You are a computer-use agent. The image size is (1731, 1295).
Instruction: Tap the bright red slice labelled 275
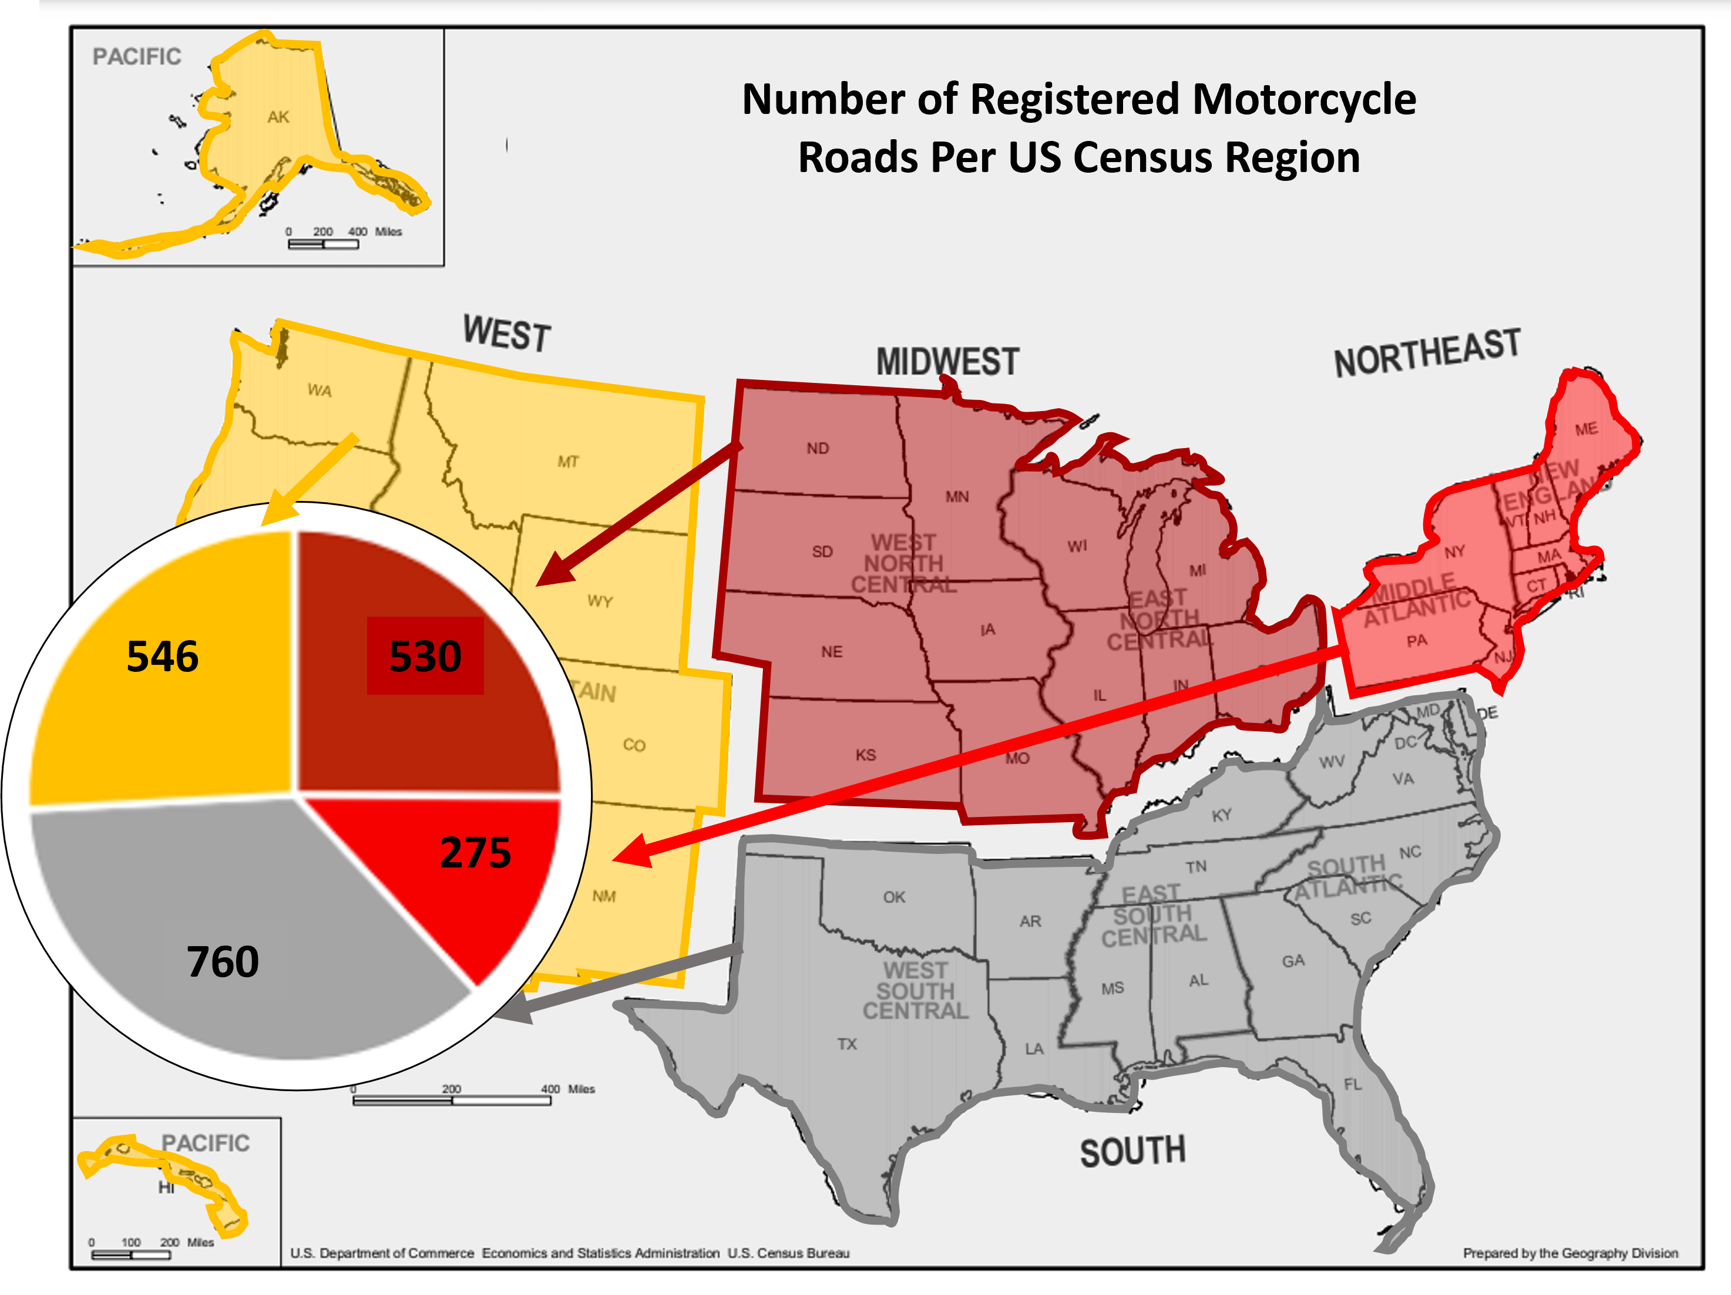click(475, 852)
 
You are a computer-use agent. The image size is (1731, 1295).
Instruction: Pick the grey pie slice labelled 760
click(223, 961)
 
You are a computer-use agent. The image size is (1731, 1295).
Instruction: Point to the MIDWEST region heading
click(947, 362)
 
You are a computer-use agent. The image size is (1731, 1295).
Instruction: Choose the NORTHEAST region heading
click(1427, 354)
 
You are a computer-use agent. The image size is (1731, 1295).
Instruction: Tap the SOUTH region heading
click(1132, 1152)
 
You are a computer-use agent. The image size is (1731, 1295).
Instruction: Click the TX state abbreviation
click(847, 1044)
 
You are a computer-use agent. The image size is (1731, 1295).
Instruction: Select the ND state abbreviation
click(817, 448)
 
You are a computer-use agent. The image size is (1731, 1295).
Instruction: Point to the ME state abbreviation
click(1587, 429)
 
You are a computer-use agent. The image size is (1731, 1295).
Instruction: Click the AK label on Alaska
click(278, 117)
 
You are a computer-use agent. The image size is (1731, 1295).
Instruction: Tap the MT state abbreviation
click(568, 462)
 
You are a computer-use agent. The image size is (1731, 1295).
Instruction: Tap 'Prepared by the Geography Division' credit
click(1570, 1253)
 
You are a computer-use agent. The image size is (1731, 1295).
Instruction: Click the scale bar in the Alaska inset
click(323, 244)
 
